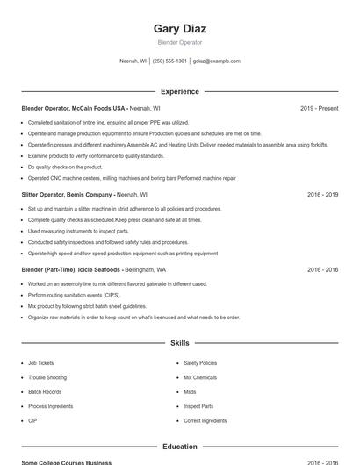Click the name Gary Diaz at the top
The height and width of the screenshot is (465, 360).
point(179,29)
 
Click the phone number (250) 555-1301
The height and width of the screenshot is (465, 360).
point(169,61)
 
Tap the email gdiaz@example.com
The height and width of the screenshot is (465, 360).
point(217,61)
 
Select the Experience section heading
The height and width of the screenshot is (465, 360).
point(179,91)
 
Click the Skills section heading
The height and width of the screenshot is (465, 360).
point(179,343)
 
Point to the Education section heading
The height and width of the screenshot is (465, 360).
point(179,447)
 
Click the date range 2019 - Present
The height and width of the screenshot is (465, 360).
point(319,108)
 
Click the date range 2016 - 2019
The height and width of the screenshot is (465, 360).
point(322,194)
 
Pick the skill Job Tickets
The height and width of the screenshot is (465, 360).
point(40,363)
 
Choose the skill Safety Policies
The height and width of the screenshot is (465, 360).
point(200,363)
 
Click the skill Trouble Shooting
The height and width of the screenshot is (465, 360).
point(46,377)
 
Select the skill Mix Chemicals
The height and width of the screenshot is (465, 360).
point(199,377)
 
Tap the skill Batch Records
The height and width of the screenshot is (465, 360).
point(45,392)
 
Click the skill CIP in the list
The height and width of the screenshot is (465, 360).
point(32,421)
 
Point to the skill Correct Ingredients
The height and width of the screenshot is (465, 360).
point(204,421)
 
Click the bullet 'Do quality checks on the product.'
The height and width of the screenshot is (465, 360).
point(65,167)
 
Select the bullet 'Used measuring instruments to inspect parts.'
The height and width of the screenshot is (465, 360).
point(78,231)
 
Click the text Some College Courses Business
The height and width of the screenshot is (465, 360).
point(66,462)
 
